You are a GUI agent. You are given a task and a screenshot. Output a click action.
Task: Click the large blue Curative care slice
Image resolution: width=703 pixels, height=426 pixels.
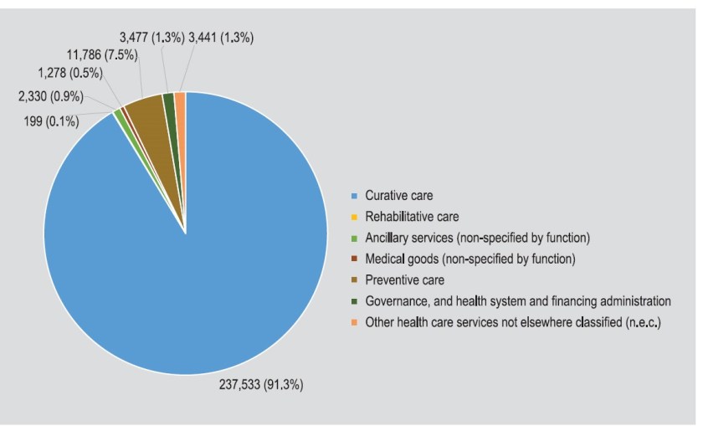point(184,251)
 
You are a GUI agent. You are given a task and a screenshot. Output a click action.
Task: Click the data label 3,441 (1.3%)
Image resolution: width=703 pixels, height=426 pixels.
point(221,37)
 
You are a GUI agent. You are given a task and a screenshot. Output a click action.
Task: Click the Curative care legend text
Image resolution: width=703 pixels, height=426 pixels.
point(398,195)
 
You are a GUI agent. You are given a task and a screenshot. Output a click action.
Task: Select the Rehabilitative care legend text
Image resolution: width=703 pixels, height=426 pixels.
point(411,216)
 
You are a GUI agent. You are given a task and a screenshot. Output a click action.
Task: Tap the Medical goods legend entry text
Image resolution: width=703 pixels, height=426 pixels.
point(470,259)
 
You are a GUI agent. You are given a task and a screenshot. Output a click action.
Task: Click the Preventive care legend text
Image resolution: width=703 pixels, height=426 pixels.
point(403,280)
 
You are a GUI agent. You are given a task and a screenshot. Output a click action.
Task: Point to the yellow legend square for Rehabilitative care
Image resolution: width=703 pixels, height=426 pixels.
point(355,217)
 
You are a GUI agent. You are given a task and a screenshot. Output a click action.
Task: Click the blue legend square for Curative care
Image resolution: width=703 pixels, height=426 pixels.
point(355,196)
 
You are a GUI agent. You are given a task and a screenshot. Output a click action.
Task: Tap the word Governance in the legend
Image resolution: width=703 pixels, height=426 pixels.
point(398,300)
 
